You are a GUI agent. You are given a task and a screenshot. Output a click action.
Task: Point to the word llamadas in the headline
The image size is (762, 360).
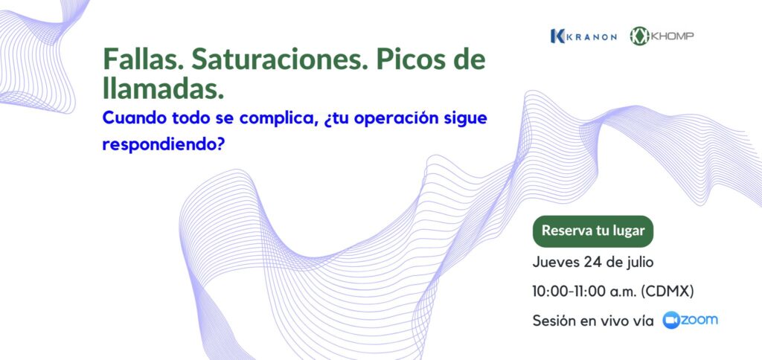click(163, 88)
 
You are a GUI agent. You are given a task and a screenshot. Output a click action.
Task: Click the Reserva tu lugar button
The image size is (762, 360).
click(593, 231)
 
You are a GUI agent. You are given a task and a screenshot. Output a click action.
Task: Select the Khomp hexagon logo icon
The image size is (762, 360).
click(639, 36)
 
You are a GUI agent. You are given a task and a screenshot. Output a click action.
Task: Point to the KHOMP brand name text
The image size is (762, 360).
click(673, 36)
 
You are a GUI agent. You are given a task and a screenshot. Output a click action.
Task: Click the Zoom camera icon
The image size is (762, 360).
click(672, 320)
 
